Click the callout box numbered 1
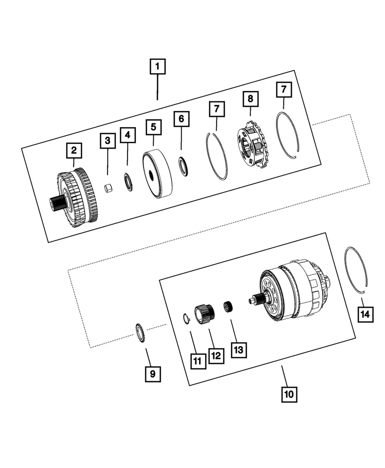click(x=158, y=66)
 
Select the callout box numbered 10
click(x=289, y=394)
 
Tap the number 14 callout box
click(x=365, y=314)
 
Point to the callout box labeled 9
click(x=152, y=373)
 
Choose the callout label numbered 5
click(x=153, y=128)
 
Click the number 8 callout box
click(x=250, y=99)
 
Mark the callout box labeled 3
click(x=108, y=141)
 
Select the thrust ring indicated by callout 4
click(x=129, y=182)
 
